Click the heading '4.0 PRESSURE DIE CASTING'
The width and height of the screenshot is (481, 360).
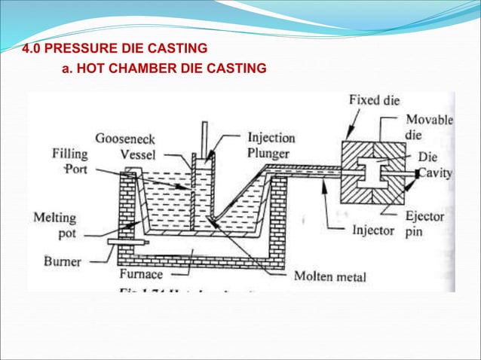tap(115, 50)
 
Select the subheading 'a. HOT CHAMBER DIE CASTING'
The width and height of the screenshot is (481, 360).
tap(163, 69)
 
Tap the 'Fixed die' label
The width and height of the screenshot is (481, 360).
tap(374, 101)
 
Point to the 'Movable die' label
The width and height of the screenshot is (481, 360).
tap(429, 127)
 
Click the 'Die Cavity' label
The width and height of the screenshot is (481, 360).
tap(435, 166)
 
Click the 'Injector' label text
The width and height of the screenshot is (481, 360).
tap(373, 230)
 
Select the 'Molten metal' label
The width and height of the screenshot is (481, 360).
tap(329, 277)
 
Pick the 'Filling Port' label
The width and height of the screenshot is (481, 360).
tap(69, 162)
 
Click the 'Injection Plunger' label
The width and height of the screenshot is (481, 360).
tap(271, 146)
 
